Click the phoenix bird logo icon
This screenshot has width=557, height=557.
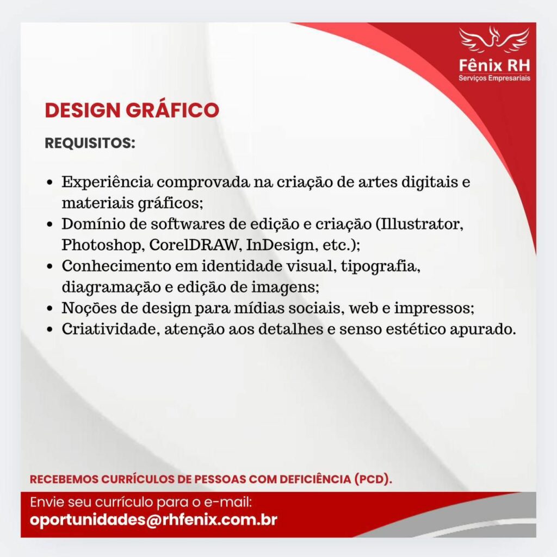coord(494,40)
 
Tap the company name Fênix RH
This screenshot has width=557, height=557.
coord(494,66)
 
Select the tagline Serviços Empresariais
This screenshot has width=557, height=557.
coord(494,78)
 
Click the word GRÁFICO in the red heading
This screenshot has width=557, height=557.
coord(172,110)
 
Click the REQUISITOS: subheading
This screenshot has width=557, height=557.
coord(90,143)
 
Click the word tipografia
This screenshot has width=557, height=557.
coord(380,266)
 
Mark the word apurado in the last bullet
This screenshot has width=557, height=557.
coord(483,330)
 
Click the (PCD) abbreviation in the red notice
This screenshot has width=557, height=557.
coord(373,479)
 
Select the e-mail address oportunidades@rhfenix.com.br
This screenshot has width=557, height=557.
coord(153,519)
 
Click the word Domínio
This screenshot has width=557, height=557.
coord(92,224)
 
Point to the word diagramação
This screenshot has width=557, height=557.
coord(111,287)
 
